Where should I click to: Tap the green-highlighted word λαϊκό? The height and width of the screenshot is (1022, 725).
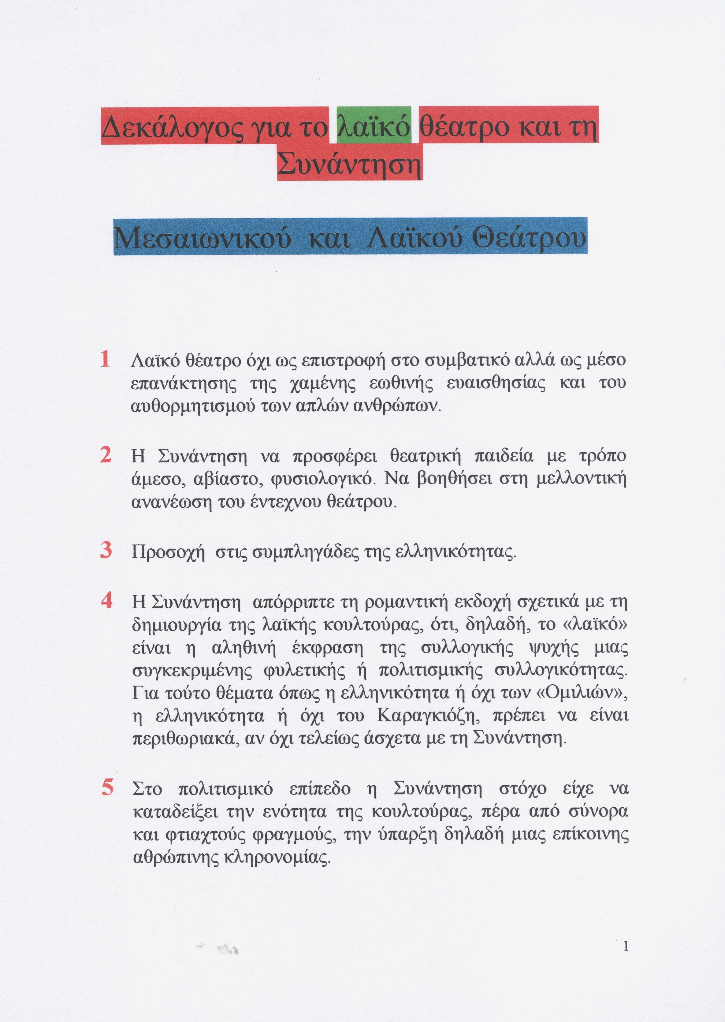374,127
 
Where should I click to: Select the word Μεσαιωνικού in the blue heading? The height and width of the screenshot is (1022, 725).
202,238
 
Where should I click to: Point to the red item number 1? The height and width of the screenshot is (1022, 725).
105,359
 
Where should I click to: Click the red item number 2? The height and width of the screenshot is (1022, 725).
106,455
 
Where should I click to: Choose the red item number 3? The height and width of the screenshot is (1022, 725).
106,550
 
